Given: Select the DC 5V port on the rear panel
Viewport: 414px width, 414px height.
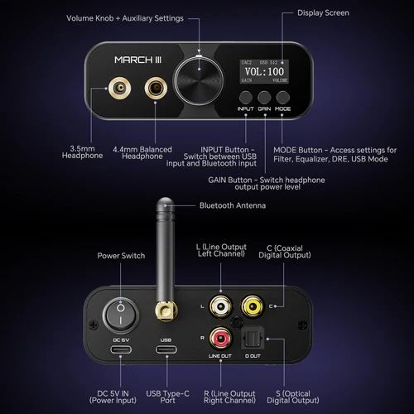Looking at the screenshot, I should (121, 350).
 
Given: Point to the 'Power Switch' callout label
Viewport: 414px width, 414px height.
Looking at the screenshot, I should (120, 256).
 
